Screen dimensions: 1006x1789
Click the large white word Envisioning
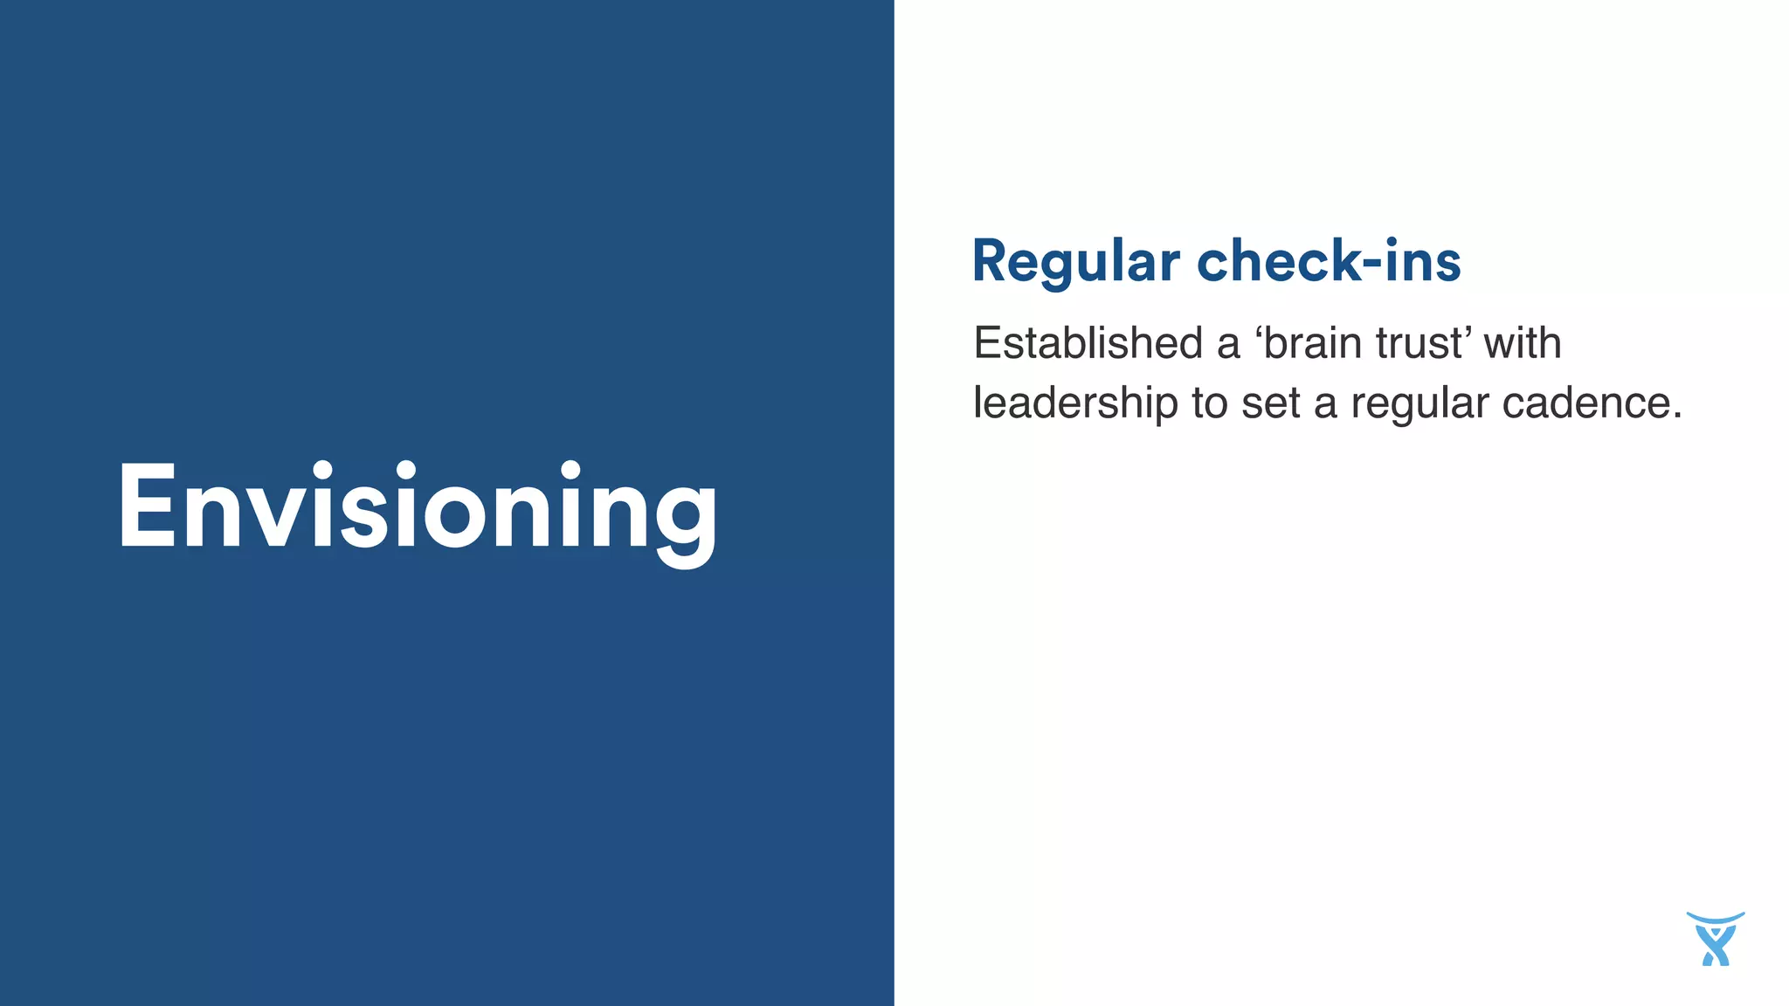point(418,508)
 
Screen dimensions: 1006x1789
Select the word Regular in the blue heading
point(1075,261)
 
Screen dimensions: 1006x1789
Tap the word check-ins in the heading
point(1328,261)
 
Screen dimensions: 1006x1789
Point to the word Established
point(1088,342)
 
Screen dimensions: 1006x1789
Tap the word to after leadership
point(1210,403)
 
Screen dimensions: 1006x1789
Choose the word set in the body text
point(1271,403)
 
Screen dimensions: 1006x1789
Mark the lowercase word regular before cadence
point(1419,403)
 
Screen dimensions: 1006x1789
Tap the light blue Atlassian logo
point(1715,939)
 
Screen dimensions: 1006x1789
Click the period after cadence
point(1677,416)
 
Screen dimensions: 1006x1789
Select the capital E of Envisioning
point(146,506)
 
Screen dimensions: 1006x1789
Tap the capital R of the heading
point(992,261)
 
